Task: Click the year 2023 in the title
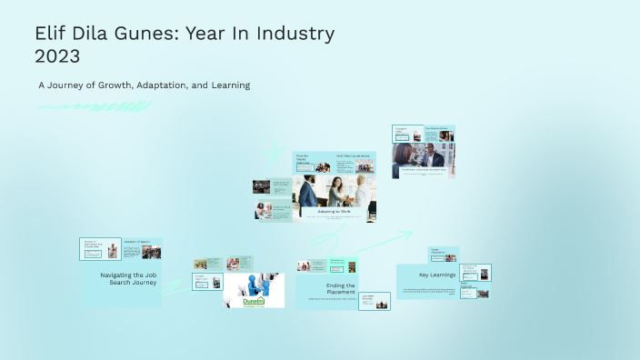[x=58, y=56]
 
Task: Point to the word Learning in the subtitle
[x=227, y=85]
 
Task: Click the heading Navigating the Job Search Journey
[x=128, y=278]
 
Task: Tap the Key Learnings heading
[x=436, y=275]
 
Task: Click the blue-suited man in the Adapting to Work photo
[x=309, y=193]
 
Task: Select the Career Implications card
[x=444, y=254]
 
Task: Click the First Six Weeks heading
[x=303, y=158]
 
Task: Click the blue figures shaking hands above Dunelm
[x=255, y=283]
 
